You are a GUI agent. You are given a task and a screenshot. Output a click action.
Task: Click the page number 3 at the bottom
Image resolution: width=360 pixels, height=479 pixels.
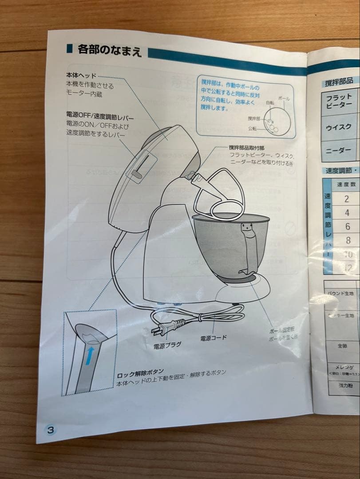pos(50,429)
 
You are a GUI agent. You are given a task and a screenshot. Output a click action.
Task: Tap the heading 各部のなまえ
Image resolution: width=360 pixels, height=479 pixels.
pos(109,50)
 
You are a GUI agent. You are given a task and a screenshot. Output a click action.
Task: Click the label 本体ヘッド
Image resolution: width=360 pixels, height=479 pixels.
pos(81,76)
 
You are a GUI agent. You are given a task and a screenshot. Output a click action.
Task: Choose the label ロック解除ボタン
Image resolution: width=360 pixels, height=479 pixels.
pos(141,372)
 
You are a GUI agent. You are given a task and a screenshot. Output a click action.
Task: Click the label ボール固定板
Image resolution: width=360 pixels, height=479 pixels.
pos(282,331)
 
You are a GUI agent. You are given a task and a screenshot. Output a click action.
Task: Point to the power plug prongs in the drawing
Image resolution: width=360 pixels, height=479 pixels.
pos(158,330)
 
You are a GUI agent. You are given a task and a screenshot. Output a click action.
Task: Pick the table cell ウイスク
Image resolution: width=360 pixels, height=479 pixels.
pos(339,127)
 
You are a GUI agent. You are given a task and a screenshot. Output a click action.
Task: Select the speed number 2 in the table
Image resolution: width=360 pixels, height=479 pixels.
pos(347,199)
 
